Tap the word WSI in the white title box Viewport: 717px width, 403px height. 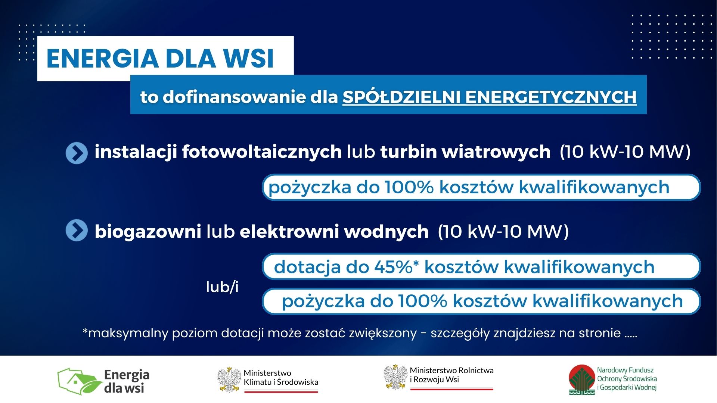pos(249,59)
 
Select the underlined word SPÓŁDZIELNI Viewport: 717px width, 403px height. pos(401,97)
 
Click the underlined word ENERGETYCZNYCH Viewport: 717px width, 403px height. pos(551,97)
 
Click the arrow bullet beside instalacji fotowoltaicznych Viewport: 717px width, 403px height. pos(77,153)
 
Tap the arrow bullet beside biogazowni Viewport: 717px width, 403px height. pos(77,230)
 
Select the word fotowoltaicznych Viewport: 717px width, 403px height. pos(262,152)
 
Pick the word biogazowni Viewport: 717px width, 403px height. pos(148,231)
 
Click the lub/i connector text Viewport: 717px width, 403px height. pos(222,287)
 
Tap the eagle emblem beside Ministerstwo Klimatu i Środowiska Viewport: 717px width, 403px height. pos(229,379)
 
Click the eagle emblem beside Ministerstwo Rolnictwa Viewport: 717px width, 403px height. pos(395,377)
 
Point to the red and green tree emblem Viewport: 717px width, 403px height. pos(582,380)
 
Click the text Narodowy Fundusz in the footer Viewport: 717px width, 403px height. pos(625,370)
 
